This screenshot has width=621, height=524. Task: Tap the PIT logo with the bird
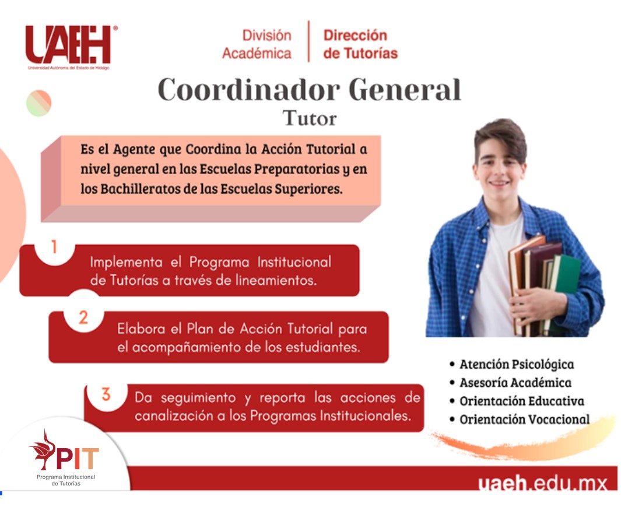tap(65, 457)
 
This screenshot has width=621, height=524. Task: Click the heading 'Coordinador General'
tap(309, 90)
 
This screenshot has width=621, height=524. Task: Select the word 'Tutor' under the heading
tap(309, 118)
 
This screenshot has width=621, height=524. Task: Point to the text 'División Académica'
tap(257, 44)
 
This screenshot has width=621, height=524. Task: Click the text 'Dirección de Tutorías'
tap(360, 44)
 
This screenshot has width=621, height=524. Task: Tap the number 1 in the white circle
tap(54, 247)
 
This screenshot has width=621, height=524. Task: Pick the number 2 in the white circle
tap(83, 317)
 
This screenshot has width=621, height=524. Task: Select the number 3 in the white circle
tap(106, 394)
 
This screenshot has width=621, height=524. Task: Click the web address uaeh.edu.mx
tap(542, 483)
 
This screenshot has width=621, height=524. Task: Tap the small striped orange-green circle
tap(39, 103)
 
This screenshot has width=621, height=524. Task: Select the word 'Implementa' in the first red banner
tap(126, 262)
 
